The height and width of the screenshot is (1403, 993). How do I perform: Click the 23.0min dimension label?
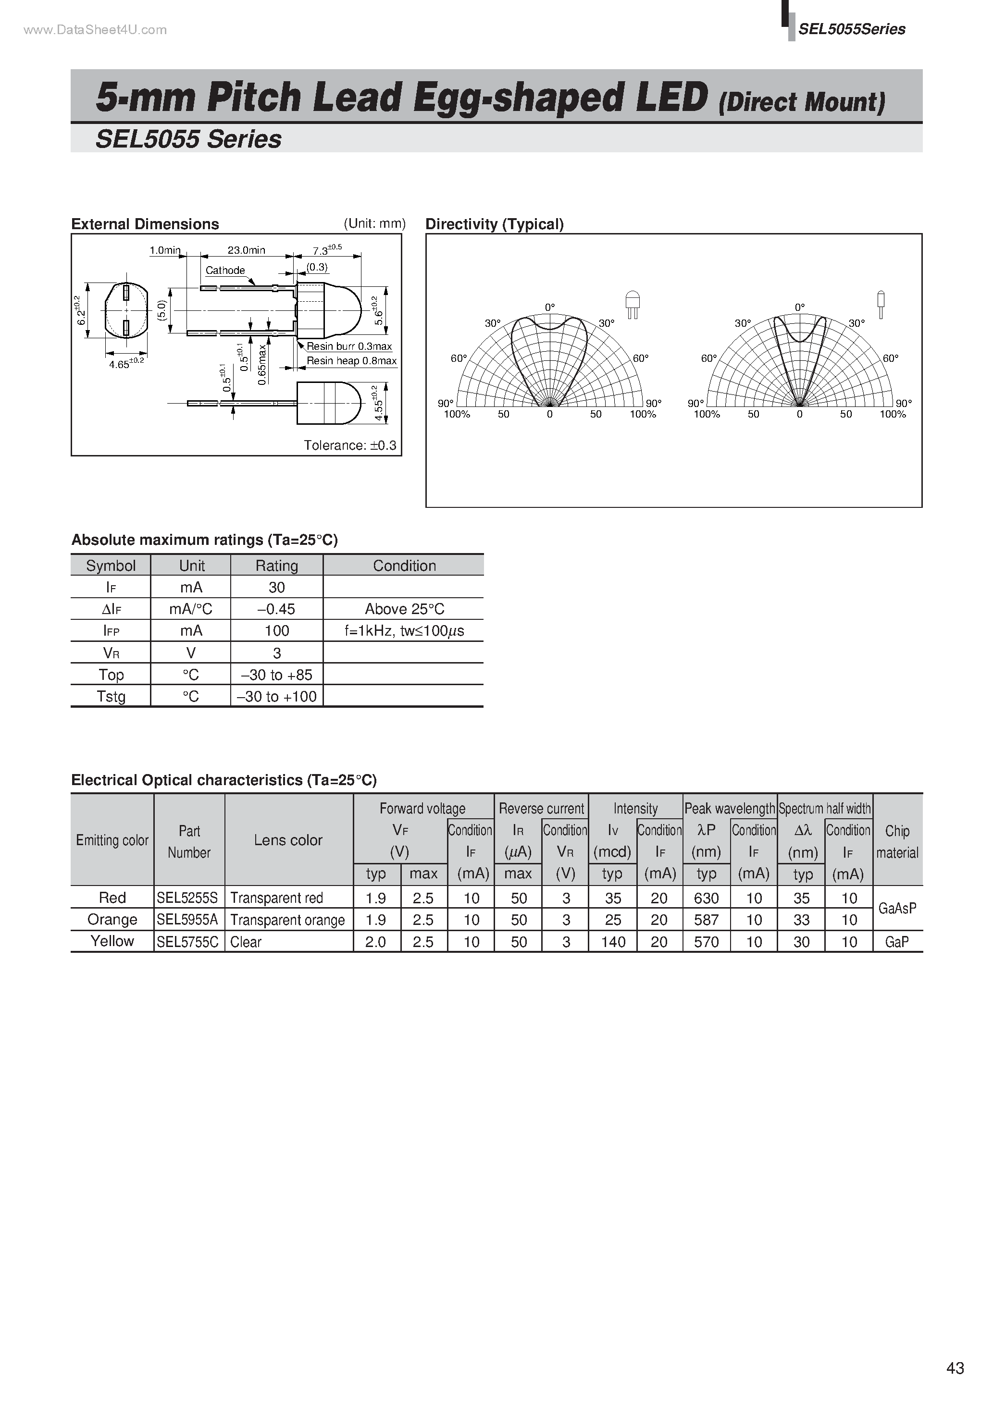(x=247, y=250)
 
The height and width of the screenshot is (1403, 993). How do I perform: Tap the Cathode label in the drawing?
(x=225, y=270)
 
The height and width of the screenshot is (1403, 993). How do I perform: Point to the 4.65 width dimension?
(x=126, y=364)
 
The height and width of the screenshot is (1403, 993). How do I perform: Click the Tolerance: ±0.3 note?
(x=350, y=445)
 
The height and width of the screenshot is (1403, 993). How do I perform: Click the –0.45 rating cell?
(x=276, y=609)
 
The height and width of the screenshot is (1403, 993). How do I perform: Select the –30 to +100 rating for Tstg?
(x=276, y=697)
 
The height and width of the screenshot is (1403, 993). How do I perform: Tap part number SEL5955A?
(x=187, y=920)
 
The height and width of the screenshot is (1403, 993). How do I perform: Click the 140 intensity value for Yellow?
(x=613, y=942)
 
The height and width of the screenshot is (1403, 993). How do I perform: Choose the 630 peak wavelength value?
(x=706, y=898)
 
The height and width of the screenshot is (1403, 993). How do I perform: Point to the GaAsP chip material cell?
(x=897, y=909)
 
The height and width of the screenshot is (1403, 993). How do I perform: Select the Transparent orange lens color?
(x=287, y=920)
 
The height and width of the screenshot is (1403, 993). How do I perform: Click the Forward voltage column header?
(x=422, y=809)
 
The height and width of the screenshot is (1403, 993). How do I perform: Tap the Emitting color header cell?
(x=112, y=840)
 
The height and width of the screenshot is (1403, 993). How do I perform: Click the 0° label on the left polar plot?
(x=550, y=308)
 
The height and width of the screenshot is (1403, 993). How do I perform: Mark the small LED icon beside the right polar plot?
(x=881, y=304)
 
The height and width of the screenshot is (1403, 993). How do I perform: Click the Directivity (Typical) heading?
(x=494, y=224)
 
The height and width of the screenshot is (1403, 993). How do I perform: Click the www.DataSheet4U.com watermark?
(x=95, y=30)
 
